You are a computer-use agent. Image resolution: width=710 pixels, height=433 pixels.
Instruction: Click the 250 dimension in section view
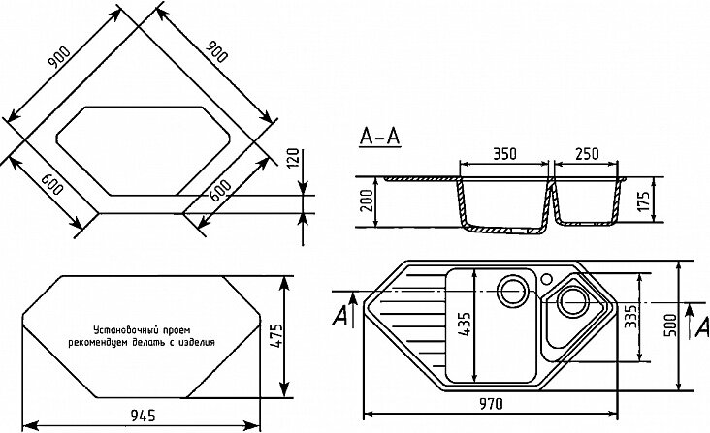[587, 154]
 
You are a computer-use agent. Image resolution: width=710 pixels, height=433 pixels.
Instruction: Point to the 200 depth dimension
[365, 201]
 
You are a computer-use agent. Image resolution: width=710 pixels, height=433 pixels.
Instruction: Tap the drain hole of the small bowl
[572, 301]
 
